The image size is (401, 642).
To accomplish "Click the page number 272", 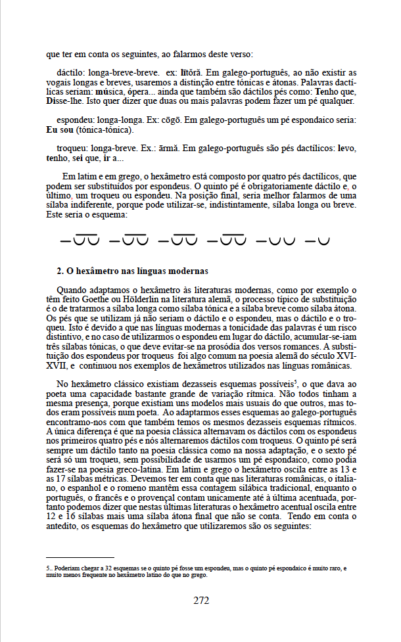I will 201,599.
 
